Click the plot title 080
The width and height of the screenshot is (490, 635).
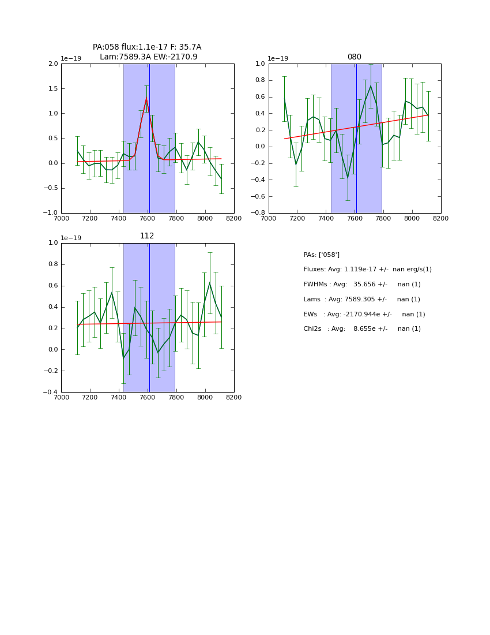coord(354,57)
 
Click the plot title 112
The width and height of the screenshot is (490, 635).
coord(147,236)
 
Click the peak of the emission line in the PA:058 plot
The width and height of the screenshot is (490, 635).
coord(146,98)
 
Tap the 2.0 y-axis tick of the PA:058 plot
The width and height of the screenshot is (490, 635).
coord(52,64)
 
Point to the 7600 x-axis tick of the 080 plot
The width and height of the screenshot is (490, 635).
coord(355,219)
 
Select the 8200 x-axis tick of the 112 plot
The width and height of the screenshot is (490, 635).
coord(233,398)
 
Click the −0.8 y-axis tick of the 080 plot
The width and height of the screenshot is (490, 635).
coord(258,213)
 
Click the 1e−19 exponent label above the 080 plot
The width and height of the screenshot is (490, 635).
coord(278,59)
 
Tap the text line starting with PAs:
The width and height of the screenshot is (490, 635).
coord(321,255)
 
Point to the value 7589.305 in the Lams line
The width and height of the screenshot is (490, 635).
coord(364,300)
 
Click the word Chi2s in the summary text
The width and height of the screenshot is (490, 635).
coord(313,329)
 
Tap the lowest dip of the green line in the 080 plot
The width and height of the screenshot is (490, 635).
coord(348,177)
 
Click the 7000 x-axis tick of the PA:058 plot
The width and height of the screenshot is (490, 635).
coord(61,219)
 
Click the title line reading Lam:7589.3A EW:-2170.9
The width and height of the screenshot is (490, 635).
coord(148,57)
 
